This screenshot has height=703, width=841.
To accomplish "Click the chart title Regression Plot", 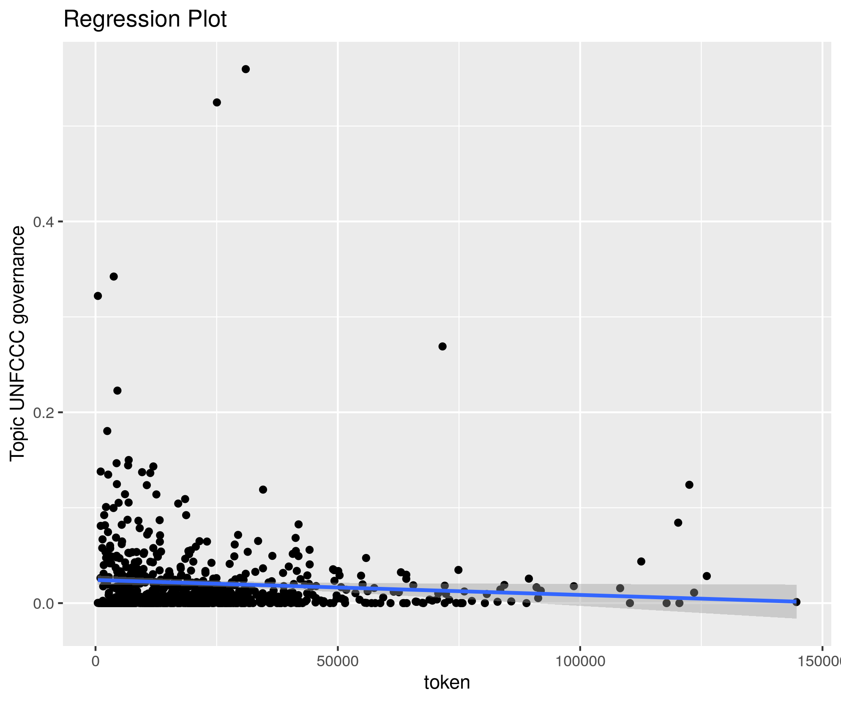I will pos(145,19).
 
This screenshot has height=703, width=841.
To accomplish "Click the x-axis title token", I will pos(447,682).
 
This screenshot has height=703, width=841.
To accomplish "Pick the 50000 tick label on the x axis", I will pos(337,661).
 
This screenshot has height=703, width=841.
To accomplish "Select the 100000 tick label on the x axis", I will pos(579,661).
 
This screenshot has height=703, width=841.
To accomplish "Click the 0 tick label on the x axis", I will pos(96,661).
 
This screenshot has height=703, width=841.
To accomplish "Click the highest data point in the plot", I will pos(246,69).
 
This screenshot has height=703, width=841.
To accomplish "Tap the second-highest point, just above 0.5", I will pos(217,102).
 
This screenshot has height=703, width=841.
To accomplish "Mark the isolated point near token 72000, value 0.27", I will pos(442,346).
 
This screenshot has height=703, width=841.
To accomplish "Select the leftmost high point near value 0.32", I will pos(98,296).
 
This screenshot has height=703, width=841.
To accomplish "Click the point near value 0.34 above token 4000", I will pos(114,277).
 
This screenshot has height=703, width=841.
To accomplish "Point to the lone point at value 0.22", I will pos(117,391).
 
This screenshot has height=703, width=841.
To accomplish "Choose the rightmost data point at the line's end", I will pos(796,602).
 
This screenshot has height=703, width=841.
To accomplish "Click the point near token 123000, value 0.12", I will pos(689,485).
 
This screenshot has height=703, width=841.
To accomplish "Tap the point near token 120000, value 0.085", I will pos(678,523).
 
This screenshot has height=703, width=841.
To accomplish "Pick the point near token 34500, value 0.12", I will pos(263,490).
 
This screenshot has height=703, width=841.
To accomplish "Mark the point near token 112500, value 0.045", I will pos(641,561).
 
